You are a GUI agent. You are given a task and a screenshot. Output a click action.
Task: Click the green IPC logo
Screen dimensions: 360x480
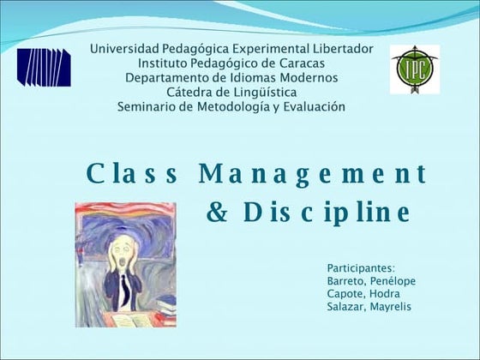pos(415,69)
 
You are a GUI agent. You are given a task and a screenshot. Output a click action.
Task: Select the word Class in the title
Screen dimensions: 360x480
pos(132,174)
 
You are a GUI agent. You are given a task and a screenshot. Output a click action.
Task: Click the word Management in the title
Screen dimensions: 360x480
pos(312,174)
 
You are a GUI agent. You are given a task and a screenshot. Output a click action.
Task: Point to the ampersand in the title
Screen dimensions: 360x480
pos(218,211)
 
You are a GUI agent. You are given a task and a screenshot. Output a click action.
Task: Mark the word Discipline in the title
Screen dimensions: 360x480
pos(327,211)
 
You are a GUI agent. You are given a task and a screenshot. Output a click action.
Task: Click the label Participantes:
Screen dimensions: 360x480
pos(361,268)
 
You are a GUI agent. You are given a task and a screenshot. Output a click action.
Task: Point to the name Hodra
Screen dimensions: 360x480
pos(385,294)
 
